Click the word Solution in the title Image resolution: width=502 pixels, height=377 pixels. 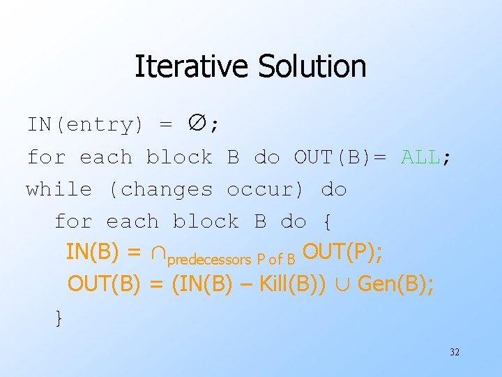[x=312, y=67]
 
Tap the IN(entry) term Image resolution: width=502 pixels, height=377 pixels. [x=85, y=125]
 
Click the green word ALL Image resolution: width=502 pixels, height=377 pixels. [x=421, y=157]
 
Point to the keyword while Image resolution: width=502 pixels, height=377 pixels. [x=59, y=189]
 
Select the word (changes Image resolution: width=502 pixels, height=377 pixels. [x=160, y=189]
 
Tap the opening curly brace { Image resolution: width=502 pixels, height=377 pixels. [x=327, y=222]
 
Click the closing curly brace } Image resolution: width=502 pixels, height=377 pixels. [x=59, y=318]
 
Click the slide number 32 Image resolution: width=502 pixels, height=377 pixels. [x=454, y=352]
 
